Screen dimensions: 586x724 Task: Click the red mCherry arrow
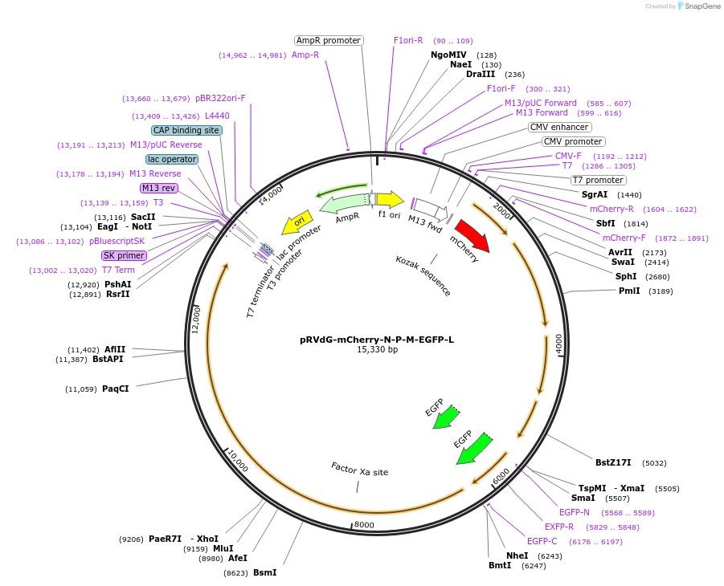pyautogui.click(x=472, y=235)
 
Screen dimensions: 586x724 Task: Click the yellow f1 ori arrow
pyautogui.click(x=391, y=199)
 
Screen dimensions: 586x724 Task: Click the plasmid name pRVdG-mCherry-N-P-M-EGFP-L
pyautogui.click(x=377, y=340)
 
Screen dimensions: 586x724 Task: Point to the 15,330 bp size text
pyautogui.click(x=377, y=350)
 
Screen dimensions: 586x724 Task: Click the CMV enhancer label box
pyautogui.click(x=559, y=127)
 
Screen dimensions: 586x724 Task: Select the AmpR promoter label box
pyautogui.click(x=329, y=40)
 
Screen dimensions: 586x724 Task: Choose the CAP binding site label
pyautogui.click(x=186, y=130)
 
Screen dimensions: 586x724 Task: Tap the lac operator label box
pyautogui.click(x=172, y=159)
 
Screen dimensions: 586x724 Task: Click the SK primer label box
pyautogui.click(x=124, y=255)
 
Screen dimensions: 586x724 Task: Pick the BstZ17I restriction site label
pyautogui.click(x=613, y=462)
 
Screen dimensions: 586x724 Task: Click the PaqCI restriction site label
pyautogui.click(x=115, y=389)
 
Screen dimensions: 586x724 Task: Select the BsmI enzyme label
pyautogui.click(x=264, y=572)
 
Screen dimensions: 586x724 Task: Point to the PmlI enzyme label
pyautogui.click(x=629, y=291)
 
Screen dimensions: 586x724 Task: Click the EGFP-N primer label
pyautogui.click(x=574, y=512)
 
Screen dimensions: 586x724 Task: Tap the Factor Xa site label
pyautogui.click(x=359, y=470)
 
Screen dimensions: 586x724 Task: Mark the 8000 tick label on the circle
pyautogui.click(x=364, y=525)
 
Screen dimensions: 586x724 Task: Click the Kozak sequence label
pyautogui.click(x=423, y=275)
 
